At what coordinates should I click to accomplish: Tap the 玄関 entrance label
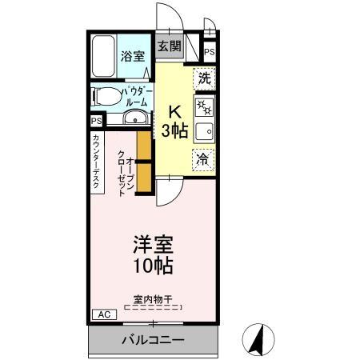coord(168,46)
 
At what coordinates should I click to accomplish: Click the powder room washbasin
coord(137,119)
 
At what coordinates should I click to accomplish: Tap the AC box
coord(103,314)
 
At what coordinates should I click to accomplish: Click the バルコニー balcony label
coord(153,340)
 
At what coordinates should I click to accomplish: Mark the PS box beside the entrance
coord(209,52)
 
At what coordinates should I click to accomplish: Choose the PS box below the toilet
coord(96,121)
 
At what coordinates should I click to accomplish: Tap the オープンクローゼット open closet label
coord(124,170)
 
